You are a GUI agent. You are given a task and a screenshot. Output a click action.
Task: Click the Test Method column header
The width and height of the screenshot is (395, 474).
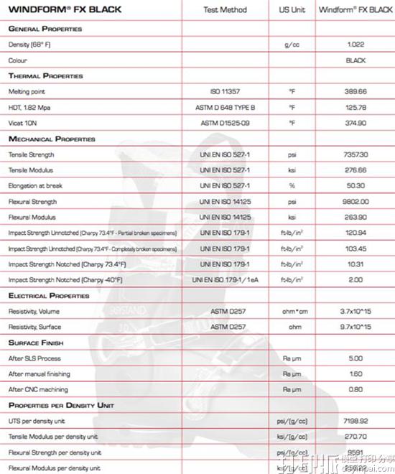[225, 10]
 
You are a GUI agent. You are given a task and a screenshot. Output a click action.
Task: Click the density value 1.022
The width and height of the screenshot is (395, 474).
[355, 45]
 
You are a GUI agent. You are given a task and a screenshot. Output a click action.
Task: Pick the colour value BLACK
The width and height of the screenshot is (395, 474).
[355, 60]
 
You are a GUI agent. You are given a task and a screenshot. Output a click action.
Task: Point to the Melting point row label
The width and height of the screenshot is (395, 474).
[27, 92]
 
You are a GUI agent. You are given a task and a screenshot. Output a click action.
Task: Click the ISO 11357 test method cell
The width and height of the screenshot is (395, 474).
[225, 92]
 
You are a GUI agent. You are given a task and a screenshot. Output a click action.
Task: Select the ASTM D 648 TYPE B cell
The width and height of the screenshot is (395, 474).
[225, 108]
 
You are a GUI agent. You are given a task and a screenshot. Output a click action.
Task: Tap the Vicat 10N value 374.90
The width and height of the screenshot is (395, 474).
[355, 124]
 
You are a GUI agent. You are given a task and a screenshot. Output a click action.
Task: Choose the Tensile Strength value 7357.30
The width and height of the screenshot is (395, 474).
[355, 154]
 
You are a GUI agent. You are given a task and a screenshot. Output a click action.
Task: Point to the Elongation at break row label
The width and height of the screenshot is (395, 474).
[36, 186]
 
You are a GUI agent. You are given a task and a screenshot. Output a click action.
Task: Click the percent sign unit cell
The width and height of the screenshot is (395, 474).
[292, 186]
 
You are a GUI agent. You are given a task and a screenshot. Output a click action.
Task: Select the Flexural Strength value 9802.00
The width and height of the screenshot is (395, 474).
[355, 202]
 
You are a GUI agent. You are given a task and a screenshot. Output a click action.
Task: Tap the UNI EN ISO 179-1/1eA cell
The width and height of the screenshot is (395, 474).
[225, 280]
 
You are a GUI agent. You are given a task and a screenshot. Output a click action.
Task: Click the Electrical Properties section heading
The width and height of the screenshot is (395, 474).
[49, 295]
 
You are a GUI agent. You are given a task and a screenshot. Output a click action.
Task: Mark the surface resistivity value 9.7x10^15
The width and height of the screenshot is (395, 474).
[355, 327]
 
